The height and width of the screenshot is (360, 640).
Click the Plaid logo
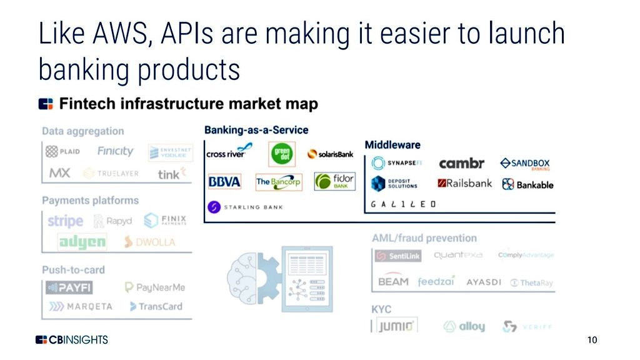point(62,152)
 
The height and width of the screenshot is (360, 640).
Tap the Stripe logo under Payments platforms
point(65,221)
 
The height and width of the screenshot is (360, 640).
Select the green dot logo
point(282,154)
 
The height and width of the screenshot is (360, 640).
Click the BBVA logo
point(224,182)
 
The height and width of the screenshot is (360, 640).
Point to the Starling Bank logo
point(245,206)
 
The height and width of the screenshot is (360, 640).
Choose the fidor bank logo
point(334,182)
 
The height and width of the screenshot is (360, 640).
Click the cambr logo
point(461,164)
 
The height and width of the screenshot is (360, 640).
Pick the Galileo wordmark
point(403,204)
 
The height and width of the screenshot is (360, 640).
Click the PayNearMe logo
point(154,287)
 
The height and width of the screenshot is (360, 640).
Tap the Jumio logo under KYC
point(396,326)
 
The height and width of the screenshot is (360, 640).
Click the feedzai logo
point(436,282)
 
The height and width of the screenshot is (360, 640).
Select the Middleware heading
point(392,144)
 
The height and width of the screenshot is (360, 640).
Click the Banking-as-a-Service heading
point(256,130)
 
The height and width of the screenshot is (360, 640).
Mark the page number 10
point(592,340)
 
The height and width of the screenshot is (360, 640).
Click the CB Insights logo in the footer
point(71,340)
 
